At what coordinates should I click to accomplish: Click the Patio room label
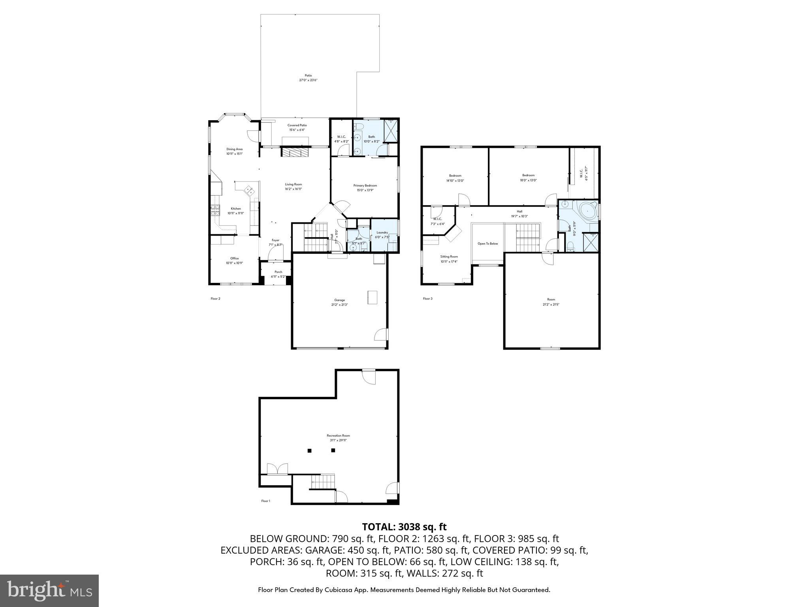pos(308,77)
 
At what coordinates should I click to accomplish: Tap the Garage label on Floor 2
pos(340,302)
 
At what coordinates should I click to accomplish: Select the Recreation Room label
pos(338,437)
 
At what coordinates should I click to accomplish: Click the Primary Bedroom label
pos(365,187)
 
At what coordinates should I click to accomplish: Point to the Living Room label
pos(293,187)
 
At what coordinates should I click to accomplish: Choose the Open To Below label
pos(488,244)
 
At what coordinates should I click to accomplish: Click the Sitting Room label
pos(449,259)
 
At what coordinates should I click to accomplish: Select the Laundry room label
pos(382,235)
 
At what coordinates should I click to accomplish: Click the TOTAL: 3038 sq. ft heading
pos(404,527)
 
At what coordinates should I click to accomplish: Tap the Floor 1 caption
pos(266,501)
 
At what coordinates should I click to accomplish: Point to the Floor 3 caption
pos(427,299)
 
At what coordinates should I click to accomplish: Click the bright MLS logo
pos(49,590)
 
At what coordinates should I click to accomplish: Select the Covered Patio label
pos(297,127)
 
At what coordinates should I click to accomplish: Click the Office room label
pos(235,260)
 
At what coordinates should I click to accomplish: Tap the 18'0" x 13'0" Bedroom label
pos(528,177)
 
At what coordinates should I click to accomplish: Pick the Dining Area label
pos(234,151)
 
